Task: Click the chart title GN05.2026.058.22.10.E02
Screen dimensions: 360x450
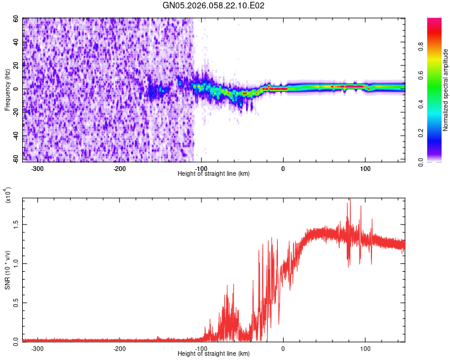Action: [214, 5]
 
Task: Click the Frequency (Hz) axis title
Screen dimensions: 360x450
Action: [8, 90]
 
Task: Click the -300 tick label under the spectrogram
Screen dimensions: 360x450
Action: [37, 168]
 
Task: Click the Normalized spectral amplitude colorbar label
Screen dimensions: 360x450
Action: [446, 90]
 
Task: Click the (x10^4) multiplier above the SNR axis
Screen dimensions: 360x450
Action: [8, 196]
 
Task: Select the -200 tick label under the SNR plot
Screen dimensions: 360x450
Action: [119, 348]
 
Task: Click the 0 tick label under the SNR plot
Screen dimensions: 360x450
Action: [283, 348]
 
